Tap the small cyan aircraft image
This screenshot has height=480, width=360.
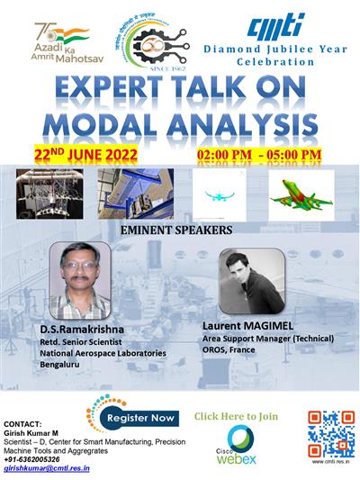(x=220, y=195)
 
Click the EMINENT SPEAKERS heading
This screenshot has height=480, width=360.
(x=176, y=230)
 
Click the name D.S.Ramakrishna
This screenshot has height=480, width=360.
(x=80, y=330)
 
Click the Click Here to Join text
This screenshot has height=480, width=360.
(x=240, y=415)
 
